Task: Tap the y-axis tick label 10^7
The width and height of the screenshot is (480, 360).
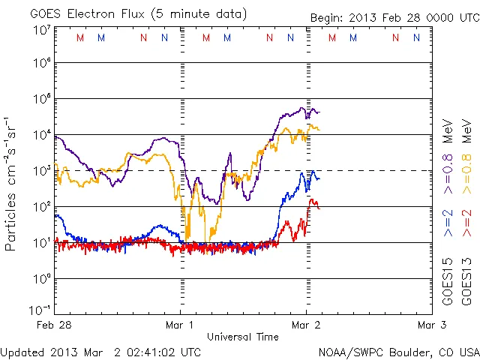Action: [x=42, y=30]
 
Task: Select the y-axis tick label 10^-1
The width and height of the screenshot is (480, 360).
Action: [x=40, y=309]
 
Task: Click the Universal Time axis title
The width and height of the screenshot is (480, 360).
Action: [x=242, y=337]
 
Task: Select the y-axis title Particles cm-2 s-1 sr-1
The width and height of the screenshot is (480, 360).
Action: [x=11, y=183]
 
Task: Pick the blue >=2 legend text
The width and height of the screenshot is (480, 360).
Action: [x=448, y=223]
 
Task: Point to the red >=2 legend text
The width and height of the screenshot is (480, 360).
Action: [x=466, y=223]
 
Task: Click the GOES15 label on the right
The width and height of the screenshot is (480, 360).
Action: [x=448, y=283]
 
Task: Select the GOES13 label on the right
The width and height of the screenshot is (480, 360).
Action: [x=466, y=283]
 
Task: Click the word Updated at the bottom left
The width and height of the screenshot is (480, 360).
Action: [x=22, y=352]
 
